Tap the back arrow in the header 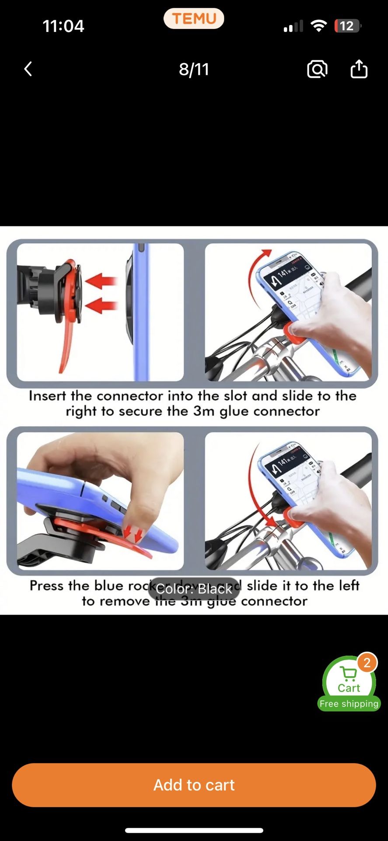tap(28, 69)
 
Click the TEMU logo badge tap(194, 19)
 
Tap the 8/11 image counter tap(194, 69)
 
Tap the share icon tap(359, 69)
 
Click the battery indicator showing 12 tap(347, 26)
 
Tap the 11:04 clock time tap(63, 26)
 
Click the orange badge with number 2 tap(367, 663)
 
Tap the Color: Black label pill tap(194, 589)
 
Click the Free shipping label tap(349, 704)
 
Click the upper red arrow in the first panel tap(101, 280)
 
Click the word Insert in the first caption tap(48, 396)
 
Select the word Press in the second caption tap(47, 586)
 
